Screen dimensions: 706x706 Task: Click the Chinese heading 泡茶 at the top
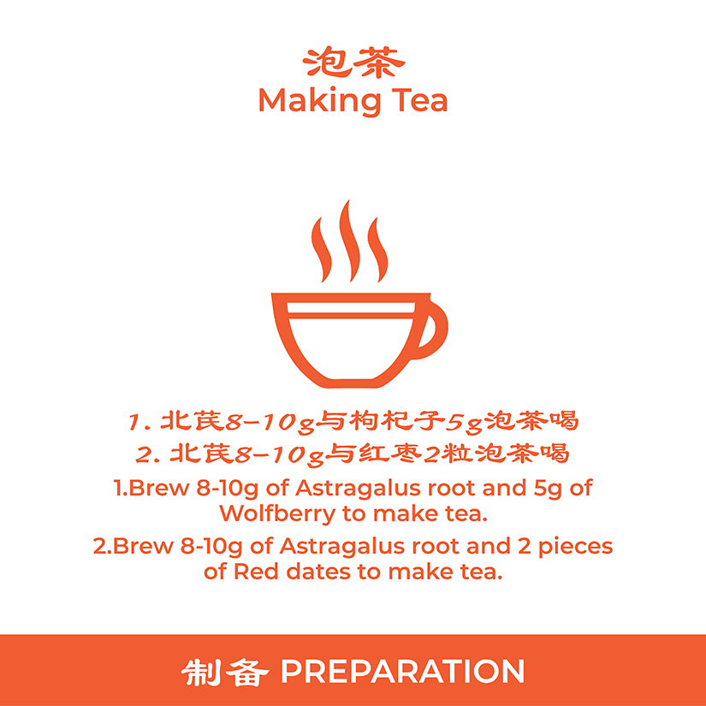[353, 62]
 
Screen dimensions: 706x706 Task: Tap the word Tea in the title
[419, 100]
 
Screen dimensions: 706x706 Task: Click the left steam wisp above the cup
[322, 251]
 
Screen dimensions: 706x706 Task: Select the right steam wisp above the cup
[377, 251]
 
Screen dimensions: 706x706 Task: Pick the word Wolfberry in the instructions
[277, 513]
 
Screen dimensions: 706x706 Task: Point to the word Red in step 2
[256, 572]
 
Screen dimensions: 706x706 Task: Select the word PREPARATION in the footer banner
[402, 671]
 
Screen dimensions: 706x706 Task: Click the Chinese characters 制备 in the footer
[225, 673]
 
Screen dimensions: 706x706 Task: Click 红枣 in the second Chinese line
[391, 453]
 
